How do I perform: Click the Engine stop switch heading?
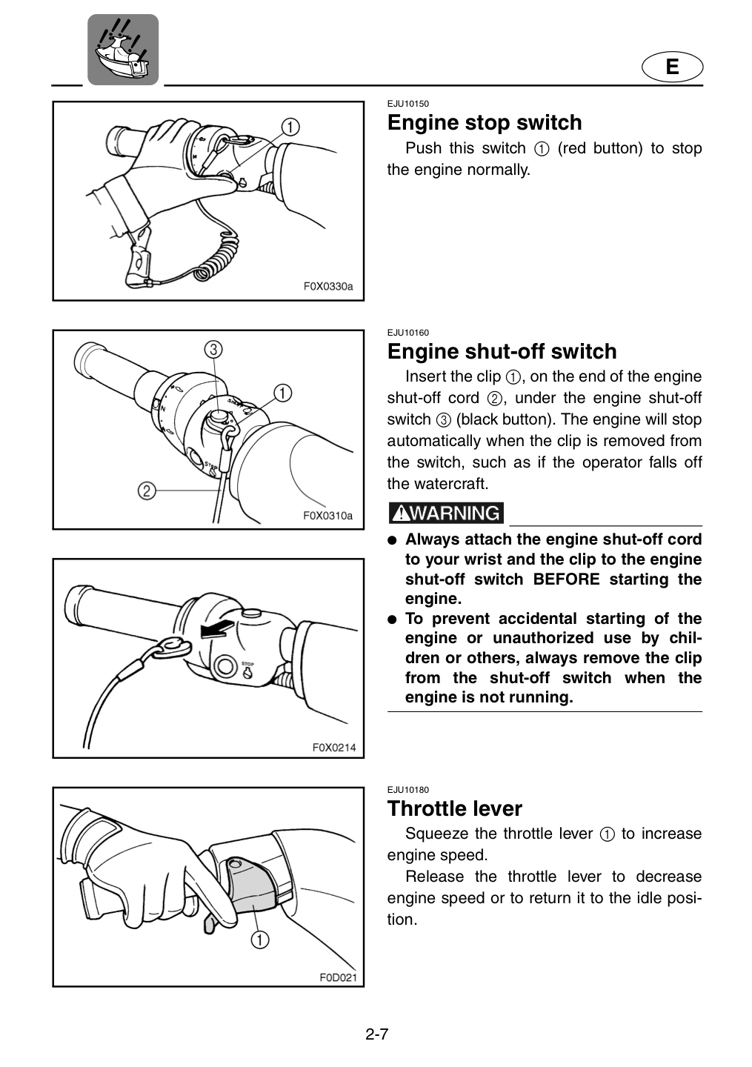[485, 123]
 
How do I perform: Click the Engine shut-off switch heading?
[502, 351]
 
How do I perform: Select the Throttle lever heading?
[455, 808]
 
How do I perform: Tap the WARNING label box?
[446, 513]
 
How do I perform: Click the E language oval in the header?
[672, 66]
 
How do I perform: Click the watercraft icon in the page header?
[123, 50]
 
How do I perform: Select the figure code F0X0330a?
[328, 287]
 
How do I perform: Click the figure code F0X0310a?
[328, 516]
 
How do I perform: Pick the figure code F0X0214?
[334, 748]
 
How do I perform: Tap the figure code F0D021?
[338, 978]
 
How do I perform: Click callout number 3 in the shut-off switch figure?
[213, 350]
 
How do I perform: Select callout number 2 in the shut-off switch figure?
[147, 491]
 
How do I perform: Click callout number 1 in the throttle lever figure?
[259, 940]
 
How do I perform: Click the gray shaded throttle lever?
[250, 882]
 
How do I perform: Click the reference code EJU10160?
[407, 333]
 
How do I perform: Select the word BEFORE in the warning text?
[566, 579]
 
